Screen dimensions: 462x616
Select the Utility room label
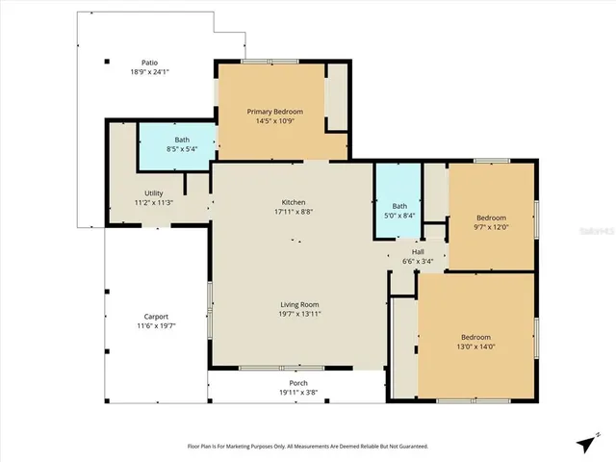153,193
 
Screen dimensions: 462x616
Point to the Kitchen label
294,202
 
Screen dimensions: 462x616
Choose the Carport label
156,317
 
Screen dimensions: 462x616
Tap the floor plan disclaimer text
307,446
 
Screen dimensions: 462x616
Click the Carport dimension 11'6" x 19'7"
156,325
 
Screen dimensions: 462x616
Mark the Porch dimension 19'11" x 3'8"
297,393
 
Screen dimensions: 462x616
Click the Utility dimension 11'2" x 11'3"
153,202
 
